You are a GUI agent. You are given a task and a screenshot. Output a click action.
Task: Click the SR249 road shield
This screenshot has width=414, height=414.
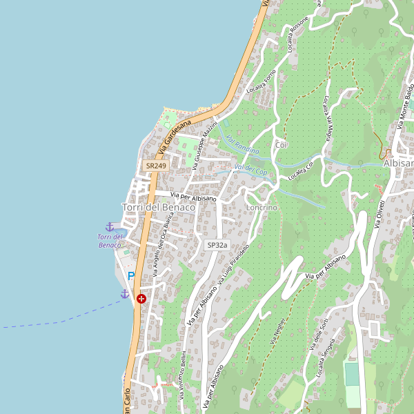(156, 166)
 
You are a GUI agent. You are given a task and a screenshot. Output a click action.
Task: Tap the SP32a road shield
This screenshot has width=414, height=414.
(217, 245)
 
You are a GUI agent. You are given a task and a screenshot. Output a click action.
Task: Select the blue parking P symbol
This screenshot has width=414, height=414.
(131, 277)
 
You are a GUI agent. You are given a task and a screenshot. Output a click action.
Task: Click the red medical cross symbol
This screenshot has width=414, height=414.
(141, 299)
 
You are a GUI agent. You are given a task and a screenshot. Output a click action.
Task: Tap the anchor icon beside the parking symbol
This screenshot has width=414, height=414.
(125, 294)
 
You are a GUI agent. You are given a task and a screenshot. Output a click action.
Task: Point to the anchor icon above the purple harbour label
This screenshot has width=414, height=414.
(109, 226)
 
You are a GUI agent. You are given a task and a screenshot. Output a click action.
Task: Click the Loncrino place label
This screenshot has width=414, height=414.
(262, 208)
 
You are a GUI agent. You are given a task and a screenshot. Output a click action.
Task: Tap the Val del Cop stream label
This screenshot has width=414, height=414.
(250, 168)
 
